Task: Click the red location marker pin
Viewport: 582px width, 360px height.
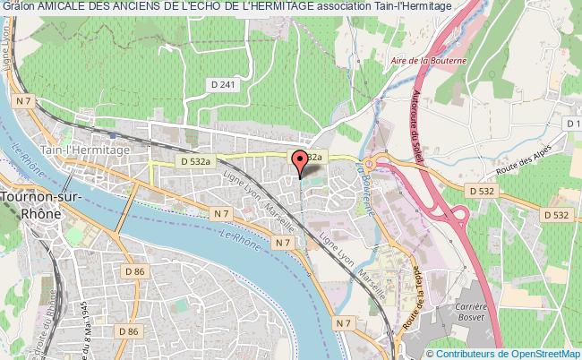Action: pyautogui.click(x=299, y=162)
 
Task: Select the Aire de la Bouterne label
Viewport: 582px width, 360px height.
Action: pyautogui.click(x=431, y=60)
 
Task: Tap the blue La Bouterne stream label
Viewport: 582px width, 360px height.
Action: pyautogui.click(x=368, y=185)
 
